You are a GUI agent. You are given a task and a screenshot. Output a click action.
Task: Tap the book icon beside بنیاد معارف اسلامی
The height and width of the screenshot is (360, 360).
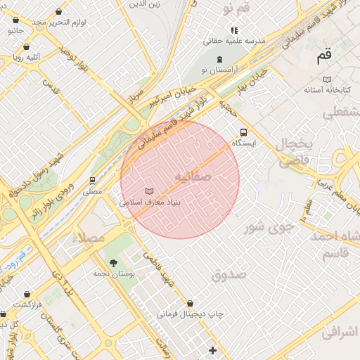pyautogui.click(x=148, y=191)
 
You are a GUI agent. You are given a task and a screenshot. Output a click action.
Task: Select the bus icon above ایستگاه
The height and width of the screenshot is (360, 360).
pyautogui.click(x=243, y=131)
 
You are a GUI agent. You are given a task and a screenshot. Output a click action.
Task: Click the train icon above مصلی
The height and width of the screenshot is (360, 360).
pyautogui.click(x=93, y=180)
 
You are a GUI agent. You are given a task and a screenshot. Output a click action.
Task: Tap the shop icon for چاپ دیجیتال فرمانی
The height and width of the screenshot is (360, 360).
pyautogui.click(x=191, y=304)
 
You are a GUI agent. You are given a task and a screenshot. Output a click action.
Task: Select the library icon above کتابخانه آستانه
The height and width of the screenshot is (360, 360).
pyautogui.click(x=326, y=79)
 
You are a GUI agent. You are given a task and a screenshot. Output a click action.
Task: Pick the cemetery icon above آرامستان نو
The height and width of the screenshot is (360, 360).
pyautogui.click(x=221, y=58)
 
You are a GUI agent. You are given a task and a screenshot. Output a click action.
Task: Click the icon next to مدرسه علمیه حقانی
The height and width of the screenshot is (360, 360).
pyautogui.click(x=234, y=31)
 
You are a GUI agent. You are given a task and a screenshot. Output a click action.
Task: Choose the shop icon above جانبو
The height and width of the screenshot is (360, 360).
pyautogui.click(x=15, y=21)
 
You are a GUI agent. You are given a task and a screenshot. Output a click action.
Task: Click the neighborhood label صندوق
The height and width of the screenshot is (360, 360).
pyautogui.click(x=229, y=274)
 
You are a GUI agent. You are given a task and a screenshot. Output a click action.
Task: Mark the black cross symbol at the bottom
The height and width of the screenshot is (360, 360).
pyautogui.click(x=213, y=349)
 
